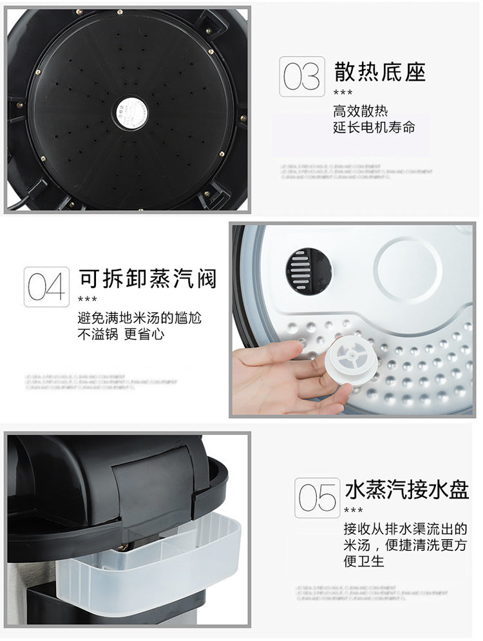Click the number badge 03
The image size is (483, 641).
coord(301,77)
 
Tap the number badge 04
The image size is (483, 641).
coord(46,287)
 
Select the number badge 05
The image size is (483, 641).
coord(317,498)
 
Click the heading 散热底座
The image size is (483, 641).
coord(380,72)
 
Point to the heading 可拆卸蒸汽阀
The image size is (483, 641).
coord(147,278)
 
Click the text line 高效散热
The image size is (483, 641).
coord(361,111)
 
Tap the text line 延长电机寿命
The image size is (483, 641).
coord(374,127)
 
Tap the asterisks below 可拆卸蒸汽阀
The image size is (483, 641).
coord(87,300)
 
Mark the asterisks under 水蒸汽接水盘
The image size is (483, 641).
coord(353,511)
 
